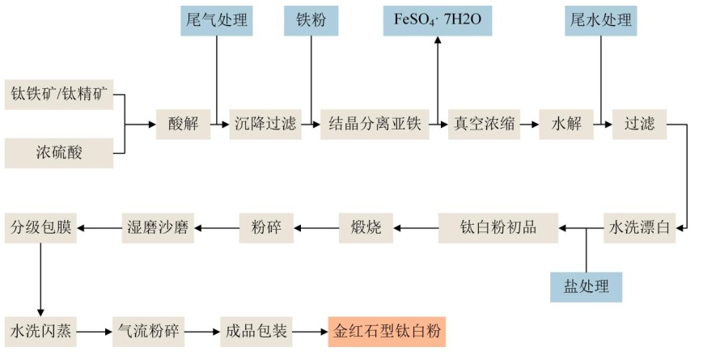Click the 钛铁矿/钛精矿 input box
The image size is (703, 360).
[x=58, y=95]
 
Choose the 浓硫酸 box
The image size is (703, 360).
[x=58, y=151]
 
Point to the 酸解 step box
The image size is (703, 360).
[x=182, y=124]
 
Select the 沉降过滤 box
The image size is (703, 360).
[x=265, y=124]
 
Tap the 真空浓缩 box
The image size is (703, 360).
[x=484, y=124]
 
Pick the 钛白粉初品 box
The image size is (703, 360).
[x=499, y=227]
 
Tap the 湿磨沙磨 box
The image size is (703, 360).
[x=155, y=227]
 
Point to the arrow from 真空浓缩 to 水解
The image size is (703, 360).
[x=529, y=124]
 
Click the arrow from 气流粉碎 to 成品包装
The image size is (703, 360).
[x=203, y=332]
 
